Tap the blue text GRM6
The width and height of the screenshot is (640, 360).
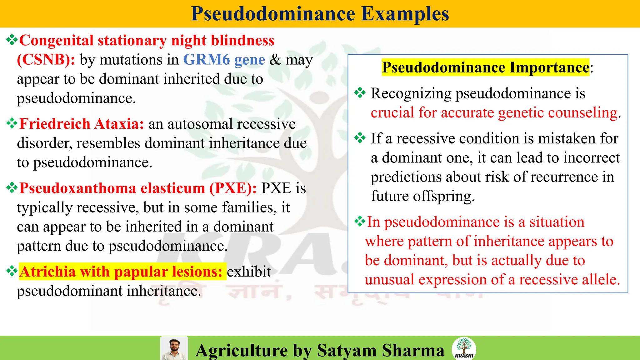[206, 60]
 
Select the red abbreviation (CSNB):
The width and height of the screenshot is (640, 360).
[46, 60]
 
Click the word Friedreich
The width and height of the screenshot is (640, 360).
[55, 124]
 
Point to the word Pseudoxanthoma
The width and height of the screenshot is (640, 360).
[77, 188]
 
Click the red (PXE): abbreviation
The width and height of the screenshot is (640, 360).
[233, 188]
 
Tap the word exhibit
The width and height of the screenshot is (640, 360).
[249, 272]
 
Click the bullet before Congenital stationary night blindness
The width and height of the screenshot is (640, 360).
[12, 40]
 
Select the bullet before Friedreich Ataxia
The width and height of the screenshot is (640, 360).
[12, 123]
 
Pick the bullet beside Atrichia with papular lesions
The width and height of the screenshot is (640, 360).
[12, 271]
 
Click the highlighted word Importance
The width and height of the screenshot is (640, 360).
[549, 67]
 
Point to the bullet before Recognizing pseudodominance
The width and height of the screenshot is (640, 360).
[360, 93]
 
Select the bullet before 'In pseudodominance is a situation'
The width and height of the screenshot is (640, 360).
[360, 222]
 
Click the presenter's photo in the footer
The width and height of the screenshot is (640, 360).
[174, 348]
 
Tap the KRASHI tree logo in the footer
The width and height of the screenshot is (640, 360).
[464, 348]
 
